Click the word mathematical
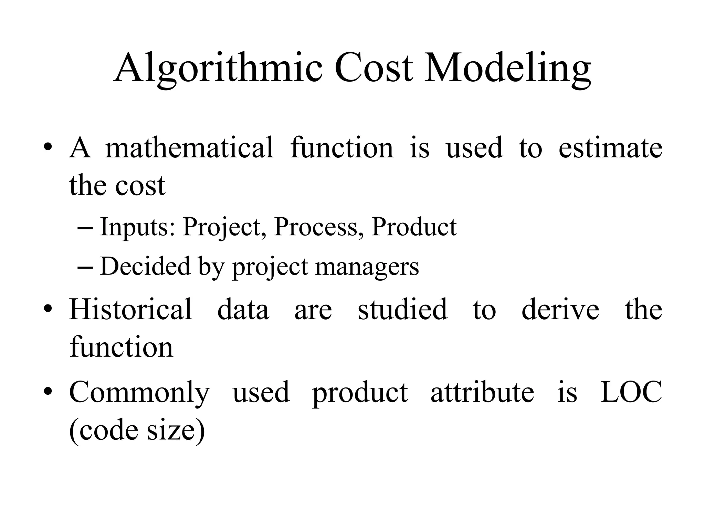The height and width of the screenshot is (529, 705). point(189,147)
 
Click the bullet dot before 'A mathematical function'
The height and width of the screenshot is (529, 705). point(48,148)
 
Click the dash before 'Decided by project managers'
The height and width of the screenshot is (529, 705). point(85,267)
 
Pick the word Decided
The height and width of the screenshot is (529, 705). point(145,267)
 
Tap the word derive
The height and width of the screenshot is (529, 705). point(560,309)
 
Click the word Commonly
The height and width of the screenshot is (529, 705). point(139,393)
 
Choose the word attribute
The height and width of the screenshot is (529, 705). point(482,392)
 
